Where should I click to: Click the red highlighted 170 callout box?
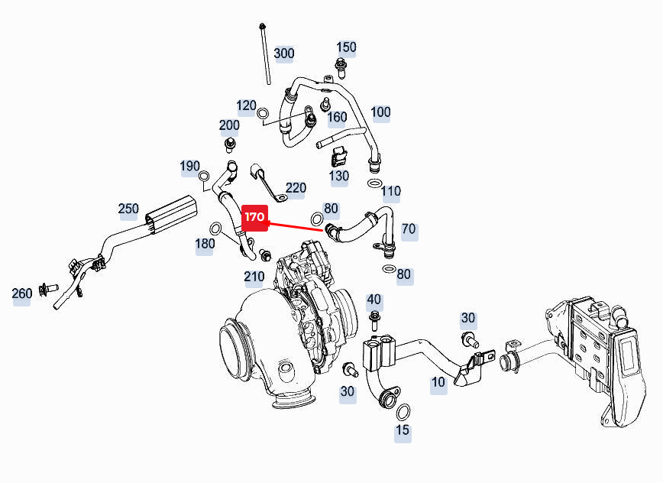click(254, 218)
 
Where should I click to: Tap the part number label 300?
click(283, 53)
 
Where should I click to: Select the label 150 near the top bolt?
click(346, 47)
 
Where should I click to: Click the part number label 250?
click(128, 209)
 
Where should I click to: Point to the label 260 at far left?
click(21, 293)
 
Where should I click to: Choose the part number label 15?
click(403, 430)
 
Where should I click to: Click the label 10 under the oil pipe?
click(438, 382)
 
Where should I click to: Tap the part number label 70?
click(409, 229)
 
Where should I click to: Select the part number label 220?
click(296, 188)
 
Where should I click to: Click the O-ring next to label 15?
click(404, 413)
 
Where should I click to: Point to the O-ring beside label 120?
click(264, 115)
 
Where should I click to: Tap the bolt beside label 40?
click(374, 316)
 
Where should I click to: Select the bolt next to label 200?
click(228, 144)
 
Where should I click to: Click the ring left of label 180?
click(216, 228)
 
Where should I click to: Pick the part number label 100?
click(380, 112)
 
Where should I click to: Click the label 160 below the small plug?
click(337, 118)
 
